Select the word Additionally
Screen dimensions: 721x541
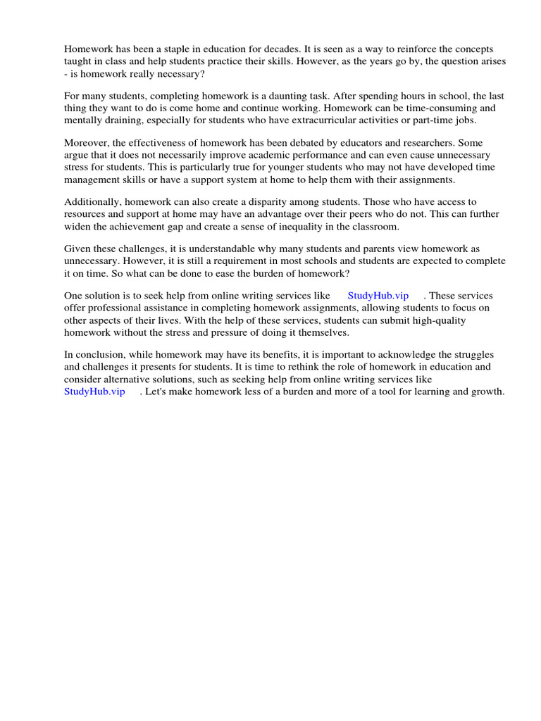click(x=93, y=202)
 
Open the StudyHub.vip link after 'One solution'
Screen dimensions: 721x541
click(x=378, y=296)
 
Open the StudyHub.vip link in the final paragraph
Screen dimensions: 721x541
click(x=94, y=391)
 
